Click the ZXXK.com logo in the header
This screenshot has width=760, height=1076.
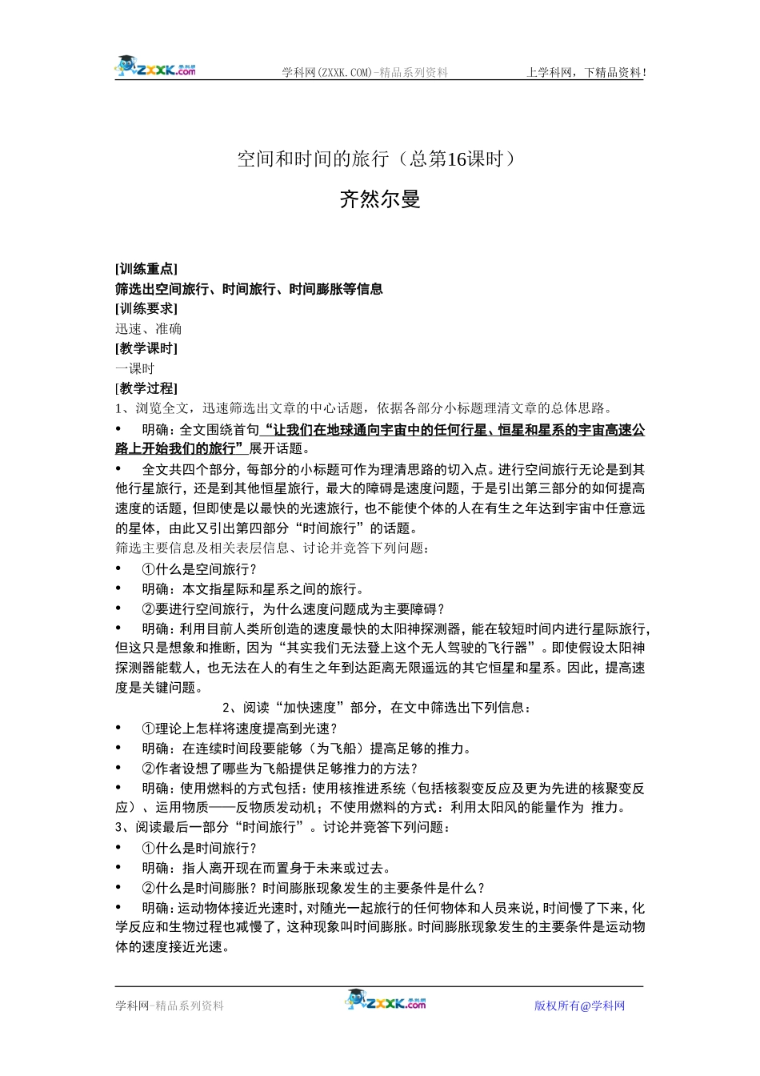coord(156,67)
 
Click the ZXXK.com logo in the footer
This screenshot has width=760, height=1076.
coord(386,1001)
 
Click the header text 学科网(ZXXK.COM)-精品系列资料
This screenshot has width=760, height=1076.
coord(364,73)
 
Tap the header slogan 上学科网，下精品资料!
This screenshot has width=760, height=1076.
coord(586,73)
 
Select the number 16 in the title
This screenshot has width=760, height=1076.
coord(457,159)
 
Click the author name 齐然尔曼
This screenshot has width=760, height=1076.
coord(380,199)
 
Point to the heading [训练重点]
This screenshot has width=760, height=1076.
coord(146,269)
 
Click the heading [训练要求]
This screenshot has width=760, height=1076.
coord(146,309)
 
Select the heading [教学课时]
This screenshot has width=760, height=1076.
coord(146,348)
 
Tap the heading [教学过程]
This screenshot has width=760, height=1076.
coord(146,388)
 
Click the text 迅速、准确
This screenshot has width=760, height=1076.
coord(148,329)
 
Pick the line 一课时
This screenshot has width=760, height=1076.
coord(134,368)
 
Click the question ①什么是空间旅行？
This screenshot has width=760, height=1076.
coord(200,569)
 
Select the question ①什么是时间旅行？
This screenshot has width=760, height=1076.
coord(200,848)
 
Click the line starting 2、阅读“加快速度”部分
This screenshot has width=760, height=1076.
coord(376,708)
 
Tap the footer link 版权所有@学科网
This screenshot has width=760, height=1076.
coord(579,1006)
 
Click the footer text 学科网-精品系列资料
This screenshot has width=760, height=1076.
coord(170,1006)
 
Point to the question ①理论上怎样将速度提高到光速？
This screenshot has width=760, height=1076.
coord(240,729)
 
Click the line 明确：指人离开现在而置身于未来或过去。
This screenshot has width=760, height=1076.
coord(266,868)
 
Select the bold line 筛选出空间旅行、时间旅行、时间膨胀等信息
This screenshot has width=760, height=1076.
coord(249,289)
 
